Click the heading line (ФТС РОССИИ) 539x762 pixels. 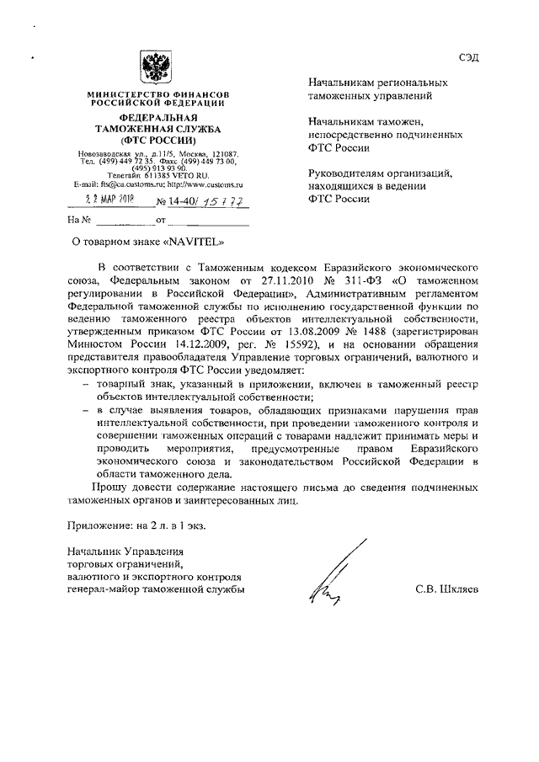pos(157,140)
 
